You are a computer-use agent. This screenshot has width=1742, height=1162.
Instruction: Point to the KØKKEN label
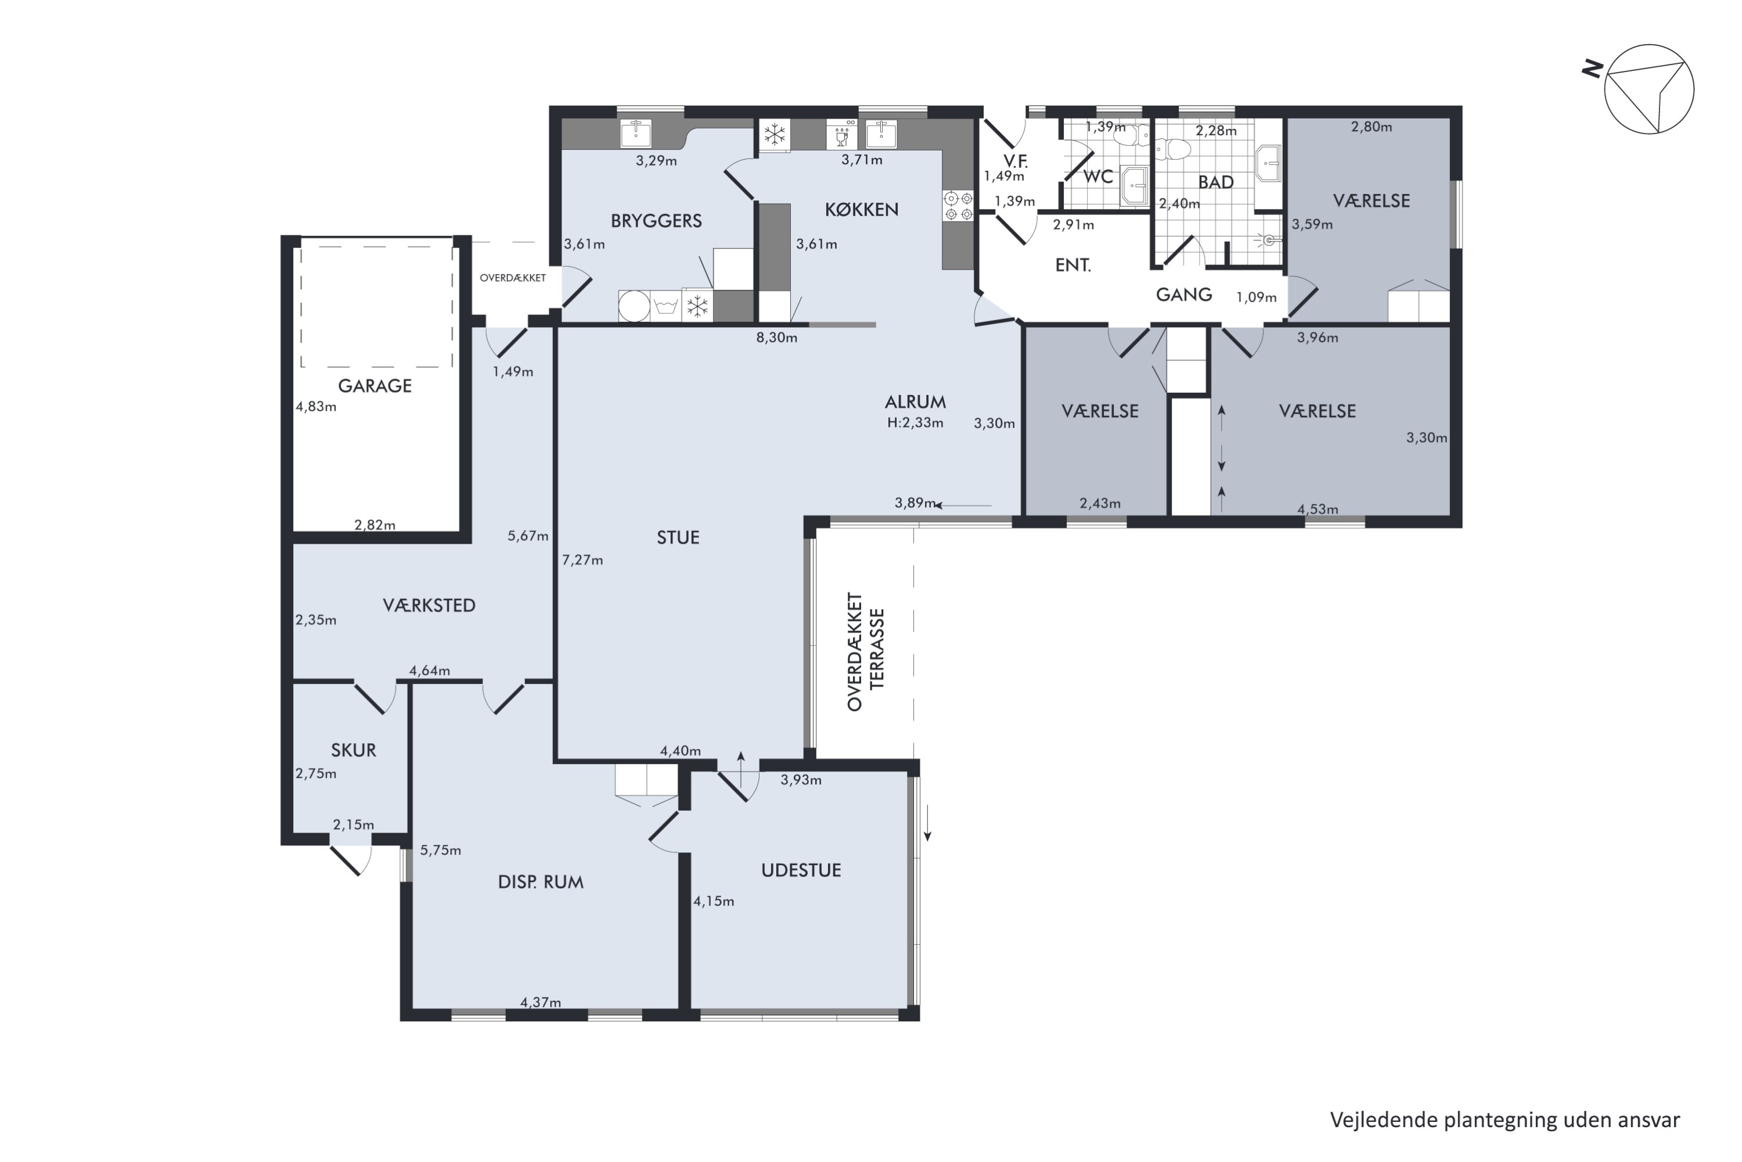pos(861,210)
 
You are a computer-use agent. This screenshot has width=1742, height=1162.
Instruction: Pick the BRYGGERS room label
pos(656,221)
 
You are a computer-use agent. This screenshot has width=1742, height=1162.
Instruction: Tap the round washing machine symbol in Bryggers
pos(634,306)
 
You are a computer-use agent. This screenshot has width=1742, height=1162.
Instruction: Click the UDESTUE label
pos(801,870)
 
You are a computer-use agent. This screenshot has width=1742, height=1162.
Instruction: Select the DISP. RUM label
pos(541,882)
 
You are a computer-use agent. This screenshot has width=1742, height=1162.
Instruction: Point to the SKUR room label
pos(353,750)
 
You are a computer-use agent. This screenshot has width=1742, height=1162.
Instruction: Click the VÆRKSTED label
pos(429,605)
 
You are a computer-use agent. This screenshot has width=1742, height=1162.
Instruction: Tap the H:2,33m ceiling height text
pos(916,423)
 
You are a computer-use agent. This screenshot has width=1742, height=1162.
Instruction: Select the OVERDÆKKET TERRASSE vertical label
pos(866,651)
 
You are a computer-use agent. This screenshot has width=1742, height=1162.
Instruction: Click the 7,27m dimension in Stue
pos(582,560)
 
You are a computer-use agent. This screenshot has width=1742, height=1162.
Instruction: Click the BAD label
pos(1215,182)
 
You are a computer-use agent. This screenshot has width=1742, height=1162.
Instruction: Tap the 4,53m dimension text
pos(1318,509)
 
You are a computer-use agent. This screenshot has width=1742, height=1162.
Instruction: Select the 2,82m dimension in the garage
pos(375,525)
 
